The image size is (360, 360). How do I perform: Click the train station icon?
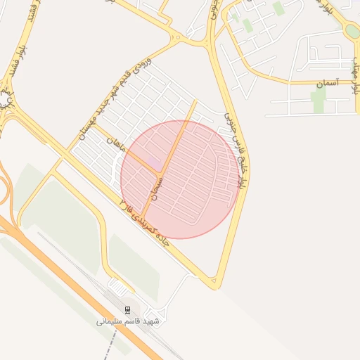(x=127, y=310)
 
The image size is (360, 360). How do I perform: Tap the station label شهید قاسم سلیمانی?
(x=128, y=321)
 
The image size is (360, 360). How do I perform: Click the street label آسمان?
(x=328, y=83)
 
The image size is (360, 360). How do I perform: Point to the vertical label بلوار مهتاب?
(x=356, y=70)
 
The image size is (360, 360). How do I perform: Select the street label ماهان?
(x=115, y=145)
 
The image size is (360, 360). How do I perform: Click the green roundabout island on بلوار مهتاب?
(x=352, y=31)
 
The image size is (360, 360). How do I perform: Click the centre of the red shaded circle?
(x=180, y=179)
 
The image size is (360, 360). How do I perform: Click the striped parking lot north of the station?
(x=120, y=287)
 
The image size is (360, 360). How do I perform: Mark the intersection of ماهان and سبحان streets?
(x=161, y=173)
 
